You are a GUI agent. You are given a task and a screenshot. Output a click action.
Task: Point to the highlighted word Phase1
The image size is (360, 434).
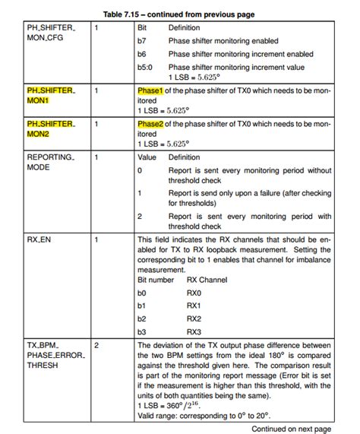150,90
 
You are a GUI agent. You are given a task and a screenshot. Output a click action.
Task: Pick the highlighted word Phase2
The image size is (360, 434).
150,123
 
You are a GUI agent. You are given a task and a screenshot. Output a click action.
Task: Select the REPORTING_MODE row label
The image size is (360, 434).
50,163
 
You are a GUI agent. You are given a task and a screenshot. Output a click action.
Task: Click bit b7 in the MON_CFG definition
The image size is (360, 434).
141,41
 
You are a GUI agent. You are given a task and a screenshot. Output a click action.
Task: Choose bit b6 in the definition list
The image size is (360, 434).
141,55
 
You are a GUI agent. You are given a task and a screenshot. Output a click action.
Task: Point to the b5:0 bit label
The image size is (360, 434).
144,68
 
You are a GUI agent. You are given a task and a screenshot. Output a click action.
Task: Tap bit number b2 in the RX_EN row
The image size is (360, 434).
141,318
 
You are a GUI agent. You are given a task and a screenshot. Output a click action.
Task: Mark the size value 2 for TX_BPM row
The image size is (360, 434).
96,344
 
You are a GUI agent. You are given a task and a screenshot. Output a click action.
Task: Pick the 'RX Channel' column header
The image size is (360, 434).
206,280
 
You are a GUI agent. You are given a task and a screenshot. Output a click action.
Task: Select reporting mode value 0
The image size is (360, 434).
140,171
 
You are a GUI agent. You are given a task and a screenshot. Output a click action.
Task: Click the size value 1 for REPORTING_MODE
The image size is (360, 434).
96,157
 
